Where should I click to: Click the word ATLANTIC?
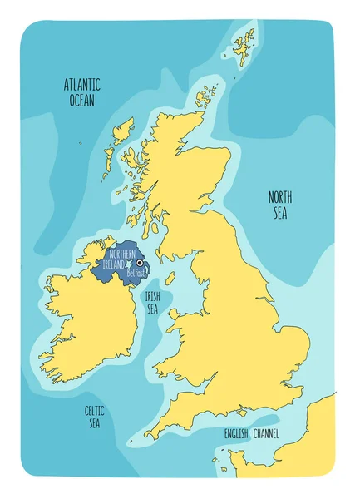(82, 85)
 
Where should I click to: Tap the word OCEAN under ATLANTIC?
(81, 100)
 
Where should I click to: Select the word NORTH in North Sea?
(279, 197)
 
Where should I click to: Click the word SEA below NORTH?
(279, 213)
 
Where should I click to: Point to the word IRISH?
(152, 295)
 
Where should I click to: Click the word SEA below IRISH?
(152, 309)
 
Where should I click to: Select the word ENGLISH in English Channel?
(237, 434)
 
